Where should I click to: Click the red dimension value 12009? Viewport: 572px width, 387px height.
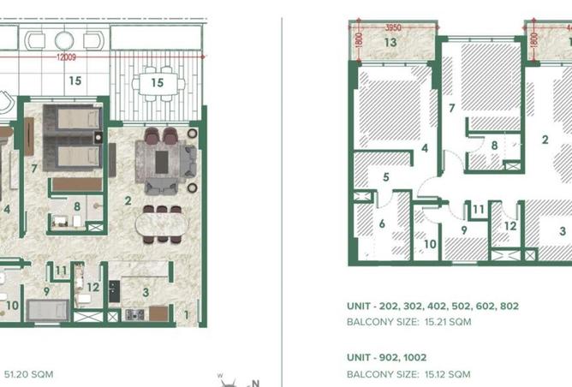(x=66, y=57)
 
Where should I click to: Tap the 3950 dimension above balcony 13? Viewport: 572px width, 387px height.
(x=393, y=27)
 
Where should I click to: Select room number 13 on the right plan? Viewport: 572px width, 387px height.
(x=390, y=42)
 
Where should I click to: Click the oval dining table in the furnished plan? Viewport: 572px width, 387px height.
(x=162, y=224)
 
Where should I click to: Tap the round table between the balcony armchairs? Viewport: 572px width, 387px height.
(x=64, y=40)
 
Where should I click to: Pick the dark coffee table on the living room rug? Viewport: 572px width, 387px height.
(x=162, y=162)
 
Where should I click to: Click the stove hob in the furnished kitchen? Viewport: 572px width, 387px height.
(x=134, y=315)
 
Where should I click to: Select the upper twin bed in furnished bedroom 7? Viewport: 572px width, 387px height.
(x=79, y=119)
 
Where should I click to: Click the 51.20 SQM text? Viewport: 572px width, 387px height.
(x=28, y=374)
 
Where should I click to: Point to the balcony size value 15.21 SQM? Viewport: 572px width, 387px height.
(x=448, y=322)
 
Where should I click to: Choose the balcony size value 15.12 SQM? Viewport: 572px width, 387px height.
(x=447, y=374)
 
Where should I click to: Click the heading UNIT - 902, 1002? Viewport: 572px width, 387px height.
(x=387, y=357)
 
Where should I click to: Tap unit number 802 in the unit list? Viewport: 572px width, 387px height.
(x=509, y=306)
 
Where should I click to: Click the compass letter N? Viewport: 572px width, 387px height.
(x=255, y=383)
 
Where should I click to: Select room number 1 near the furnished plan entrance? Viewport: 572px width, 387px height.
(x=187, y=314)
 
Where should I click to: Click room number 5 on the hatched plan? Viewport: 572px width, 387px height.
(x=386, y=177)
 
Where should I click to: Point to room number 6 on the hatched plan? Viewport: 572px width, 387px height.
(x=382, y=223)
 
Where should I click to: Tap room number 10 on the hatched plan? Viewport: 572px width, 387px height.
(x=430, y=244)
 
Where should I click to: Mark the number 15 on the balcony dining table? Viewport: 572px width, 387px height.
(x=158, y=83)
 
